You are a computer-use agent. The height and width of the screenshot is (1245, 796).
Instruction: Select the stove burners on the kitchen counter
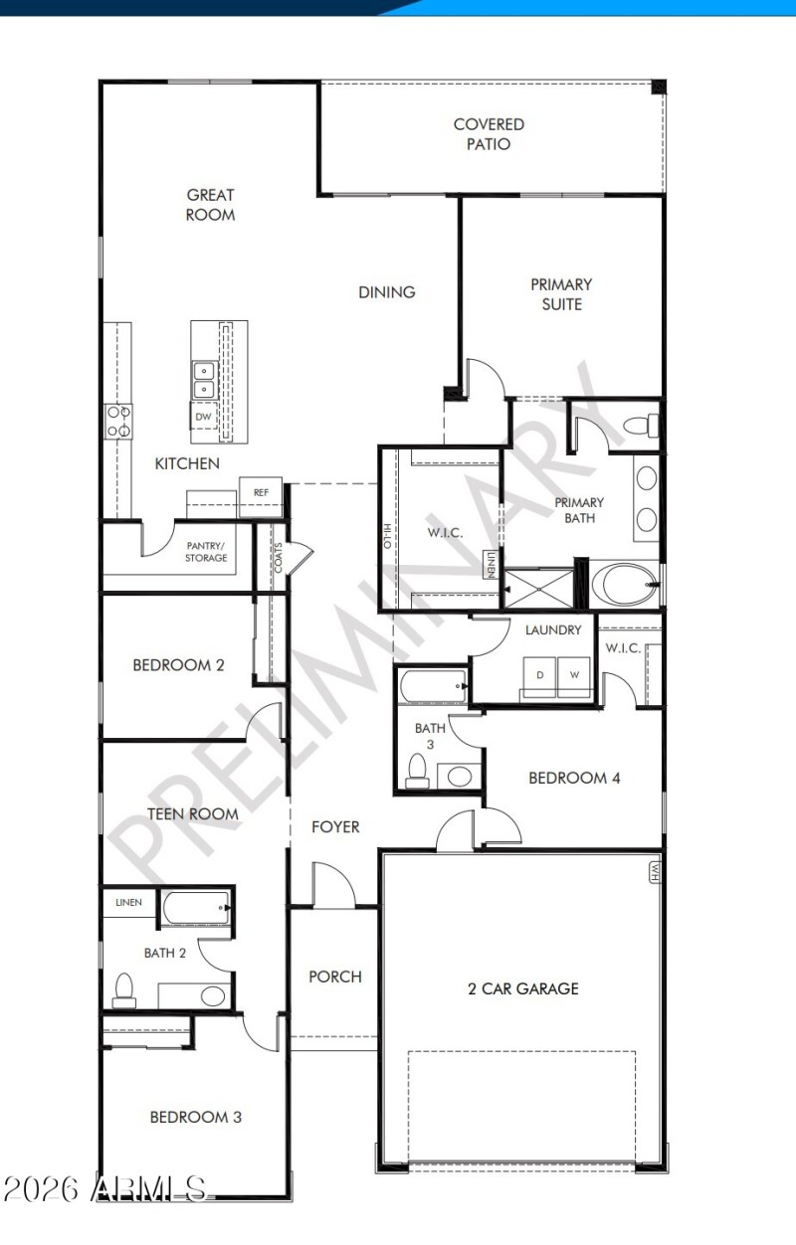(x=119, y=422)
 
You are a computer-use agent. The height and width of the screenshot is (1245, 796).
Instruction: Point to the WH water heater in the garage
(x=655, y=871)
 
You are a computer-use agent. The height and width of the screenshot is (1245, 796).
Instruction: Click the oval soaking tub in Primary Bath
(x=623, y=585)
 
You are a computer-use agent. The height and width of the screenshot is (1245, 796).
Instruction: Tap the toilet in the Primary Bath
(x=640, y=428)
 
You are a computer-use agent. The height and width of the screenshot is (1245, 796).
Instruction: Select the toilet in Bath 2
(x=124, y=988)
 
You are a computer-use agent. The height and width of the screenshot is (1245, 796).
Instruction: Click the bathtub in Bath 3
(x=432, y=686)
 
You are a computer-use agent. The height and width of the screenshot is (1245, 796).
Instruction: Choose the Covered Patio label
(x=489, y=134)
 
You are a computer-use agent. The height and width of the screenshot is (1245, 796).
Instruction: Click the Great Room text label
(x=211, y=205)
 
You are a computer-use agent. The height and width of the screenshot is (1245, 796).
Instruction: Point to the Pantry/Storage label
(x=206, y=552)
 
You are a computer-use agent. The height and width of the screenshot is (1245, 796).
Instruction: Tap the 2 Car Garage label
(x=522, y=988)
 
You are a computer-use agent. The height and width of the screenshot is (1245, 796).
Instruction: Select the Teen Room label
(x=192, y=813)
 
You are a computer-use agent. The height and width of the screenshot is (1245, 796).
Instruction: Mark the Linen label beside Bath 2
(x=129, y=903)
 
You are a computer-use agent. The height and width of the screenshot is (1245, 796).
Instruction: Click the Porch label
(x=335, y=977)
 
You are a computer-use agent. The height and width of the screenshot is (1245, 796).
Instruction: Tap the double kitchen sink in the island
(x=203, y=380)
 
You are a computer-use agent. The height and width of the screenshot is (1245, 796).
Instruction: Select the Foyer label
(x=335, y=826)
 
